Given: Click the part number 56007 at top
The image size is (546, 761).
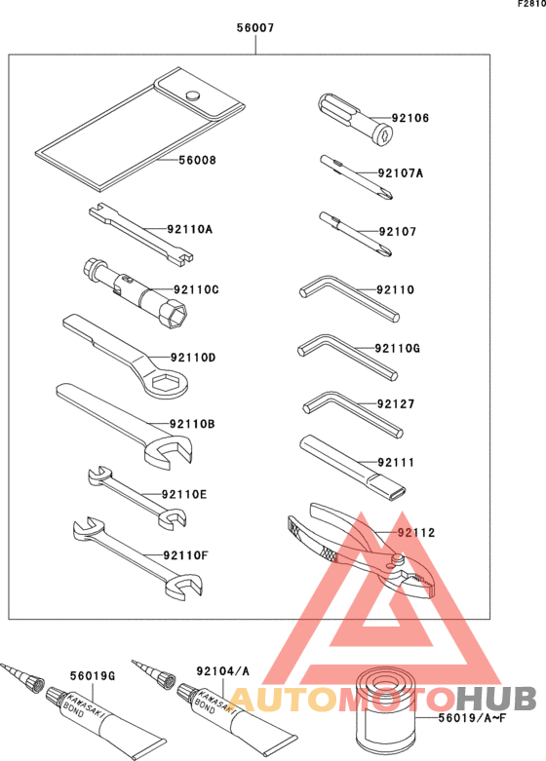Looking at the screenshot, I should (255, 29).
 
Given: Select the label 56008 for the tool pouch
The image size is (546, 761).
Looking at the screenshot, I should (196, 161).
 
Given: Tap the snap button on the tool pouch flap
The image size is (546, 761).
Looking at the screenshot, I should (193, 95).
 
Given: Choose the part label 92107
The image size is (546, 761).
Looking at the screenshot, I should (397, 232).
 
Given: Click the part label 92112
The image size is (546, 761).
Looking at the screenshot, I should (415, 533).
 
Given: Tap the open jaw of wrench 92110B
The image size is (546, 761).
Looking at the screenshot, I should (174, 450).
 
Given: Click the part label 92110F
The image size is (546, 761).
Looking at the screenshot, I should (187, 555).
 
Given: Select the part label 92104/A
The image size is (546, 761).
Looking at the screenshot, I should (222, 671).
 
